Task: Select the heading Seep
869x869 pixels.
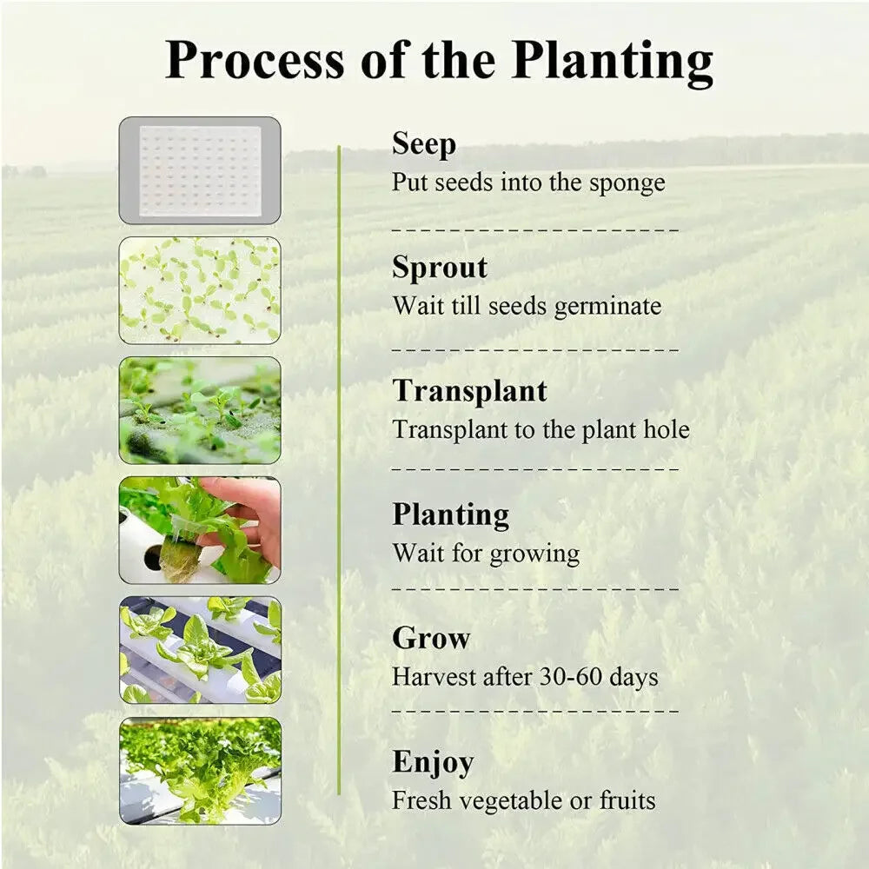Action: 424,144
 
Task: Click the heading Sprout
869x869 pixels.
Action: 440,268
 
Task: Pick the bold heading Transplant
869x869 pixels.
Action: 469,391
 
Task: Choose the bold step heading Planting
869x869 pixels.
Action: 450,514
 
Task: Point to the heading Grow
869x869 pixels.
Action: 431,638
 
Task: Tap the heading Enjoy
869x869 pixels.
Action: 433,762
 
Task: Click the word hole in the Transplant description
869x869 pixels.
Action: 667,429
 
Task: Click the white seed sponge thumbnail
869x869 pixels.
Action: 200,170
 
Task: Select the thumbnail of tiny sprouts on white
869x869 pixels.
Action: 200,290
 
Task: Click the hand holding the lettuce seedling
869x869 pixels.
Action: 248,517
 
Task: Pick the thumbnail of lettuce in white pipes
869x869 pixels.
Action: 200,650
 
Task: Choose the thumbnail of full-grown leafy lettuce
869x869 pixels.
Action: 200,770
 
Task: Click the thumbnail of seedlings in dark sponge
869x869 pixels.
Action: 200,410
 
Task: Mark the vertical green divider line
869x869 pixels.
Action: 339,469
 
